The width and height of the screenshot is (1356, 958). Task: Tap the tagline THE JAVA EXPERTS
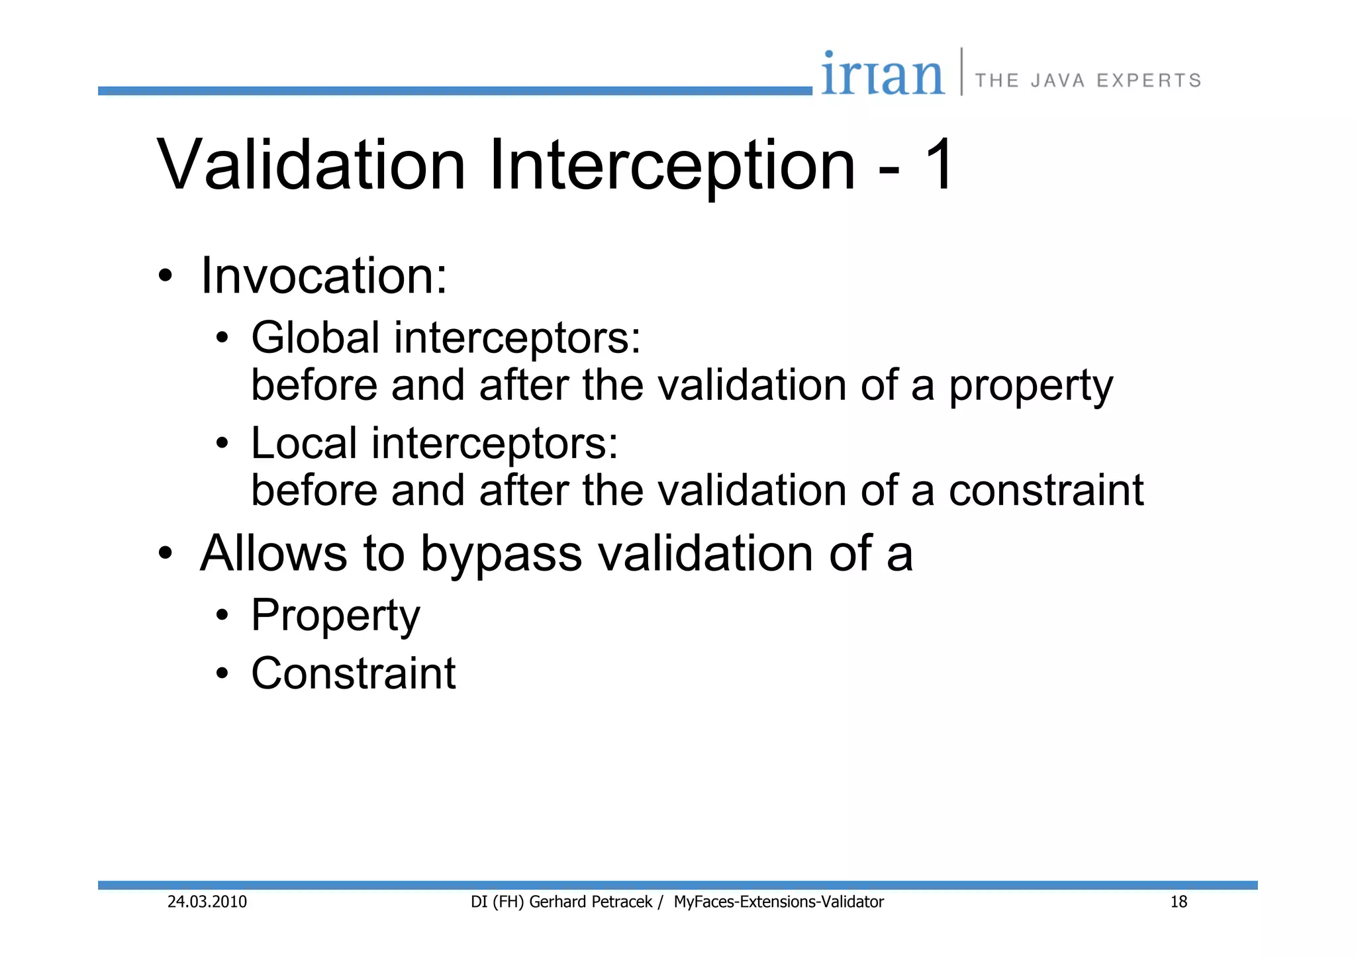tap(1088, 81)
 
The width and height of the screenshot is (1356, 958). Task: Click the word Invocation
tap(324, 275)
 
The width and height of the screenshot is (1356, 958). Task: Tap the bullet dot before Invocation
tap(166, 276)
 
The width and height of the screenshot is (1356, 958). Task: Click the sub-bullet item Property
tap(335, 616)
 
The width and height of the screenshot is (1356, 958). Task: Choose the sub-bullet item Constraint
tap(353, 673)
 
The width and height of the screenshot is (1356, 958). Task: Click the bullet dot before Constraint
tap(222, 674)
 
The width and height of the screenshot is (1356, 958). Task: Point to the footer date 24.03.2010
tap(207, 902)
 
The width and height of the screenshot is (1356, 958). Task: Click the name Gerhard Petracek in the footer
tap(591, 902)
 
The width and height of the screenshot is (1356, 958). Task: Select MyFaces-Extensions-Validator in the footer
tap(779, 902)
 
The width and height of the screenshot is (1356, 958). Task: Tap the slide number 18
tap(1179, 902)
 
